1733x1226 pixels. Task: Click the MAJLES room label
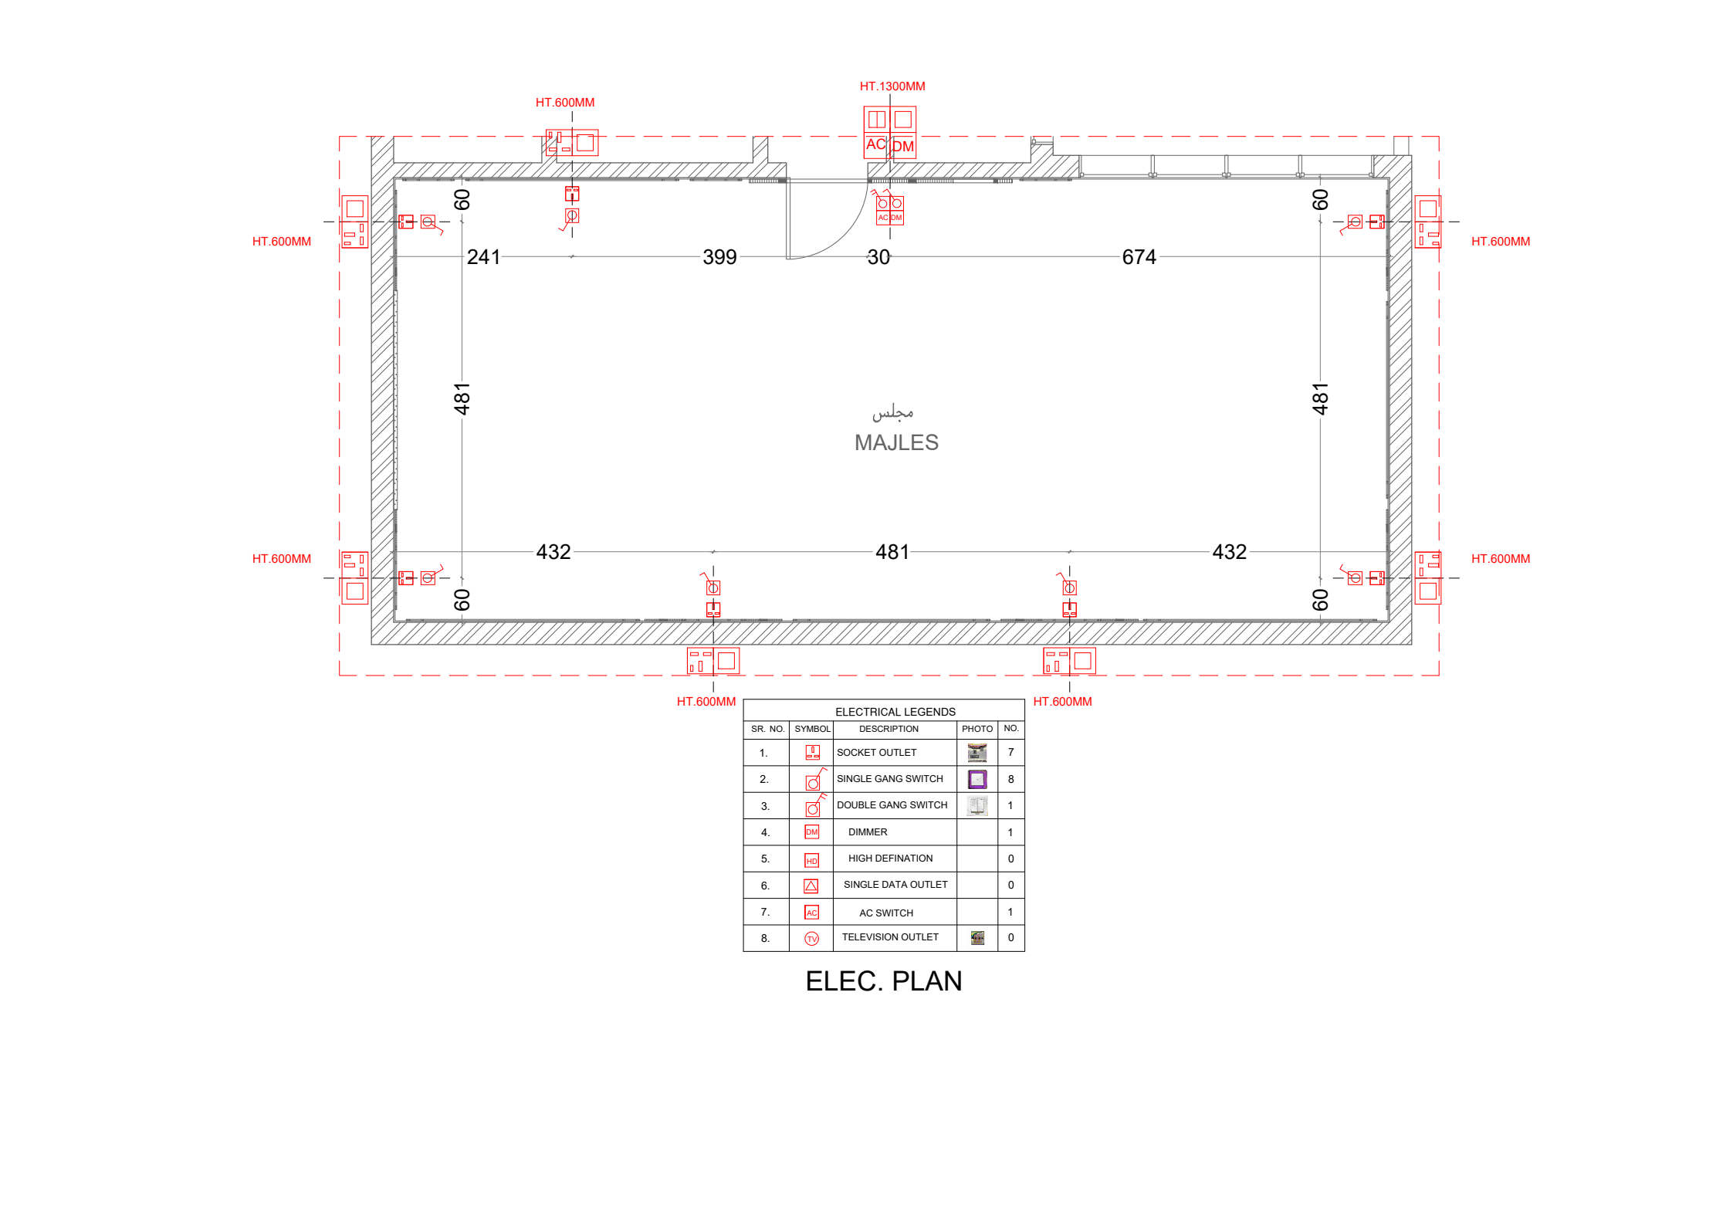click(x=895, y=442)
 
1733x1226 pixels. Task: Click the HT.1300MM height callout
click(x=892, y=86)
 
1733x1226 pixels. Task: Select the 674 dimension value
click(x=1138, y=257)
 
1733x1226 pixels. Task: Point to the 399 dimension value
click(x=719, y=257)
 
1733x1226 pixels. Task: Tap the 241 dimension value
click(x=483, y=257)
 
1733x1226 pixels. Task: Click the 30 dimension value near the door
click(x=878, y=257)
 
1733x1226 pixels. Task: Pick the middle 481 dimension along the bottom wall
click(x=892, y=552)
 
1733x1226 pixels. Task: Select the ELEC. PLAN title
click(x=883, y=980)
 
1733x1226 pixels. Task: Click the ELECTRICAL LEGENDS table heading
click(x=895, y=712)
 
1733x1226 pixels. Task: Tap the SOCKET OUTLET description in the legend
click(x=876, y=753)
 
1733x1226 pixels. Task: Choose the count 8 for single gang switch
click(x=1010, y=779)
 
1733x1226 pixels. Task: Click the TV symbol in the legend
click(x=811, y=939)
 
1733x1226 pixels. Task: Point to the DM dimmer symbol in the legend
click(x=811, y=832)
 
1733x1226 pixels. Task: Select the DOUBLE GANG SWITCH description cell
click(x=892, y=805)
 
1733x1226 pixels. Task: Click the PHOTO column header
click(x=977, y=729)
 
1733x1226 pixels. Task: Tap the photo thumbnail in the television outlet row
click(x=977, y=938)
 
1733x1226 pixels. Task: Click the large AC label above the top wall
click(x=875, y=144)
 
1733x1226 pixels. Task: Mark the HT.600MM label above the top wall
click(x=564, y=103)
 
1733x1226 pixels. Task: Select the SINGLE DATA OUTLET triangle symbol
click(x=811, y=886)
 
